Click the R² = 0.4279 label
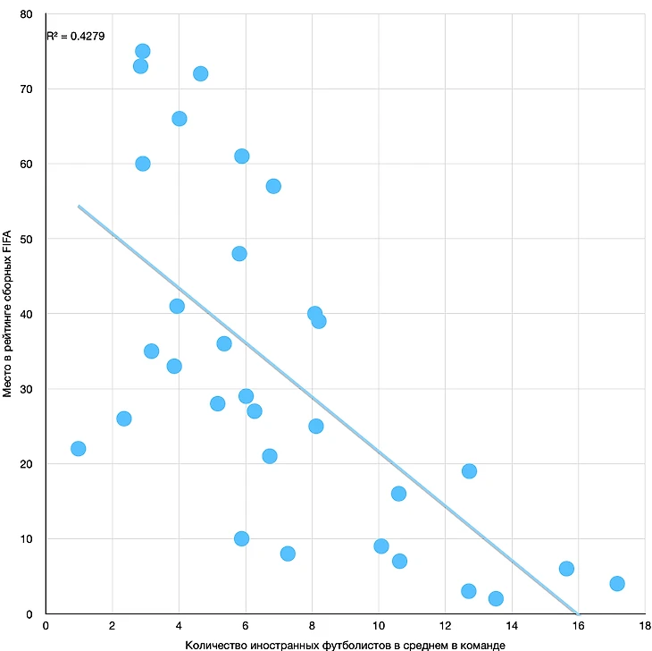point(73,37)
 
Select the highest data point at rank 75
point(142,51)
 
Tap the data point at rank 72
point(200,73)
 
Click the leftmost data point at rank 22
point(78,448)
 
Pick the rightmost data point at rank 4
point(616,583)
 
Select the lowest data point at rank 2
point(496,598)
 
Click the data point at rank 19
point(469,470)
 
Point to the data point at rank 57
point(273,186)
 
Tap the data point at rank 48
point(238,253)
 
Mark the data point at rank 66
point(179,118)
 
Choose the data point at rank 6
point(566,568)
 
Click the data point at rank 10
point(241,538)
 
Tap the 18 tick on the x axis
point(644,626)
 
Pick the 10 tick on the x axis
point(379,626)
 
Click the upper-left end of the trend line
point(79,207)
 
